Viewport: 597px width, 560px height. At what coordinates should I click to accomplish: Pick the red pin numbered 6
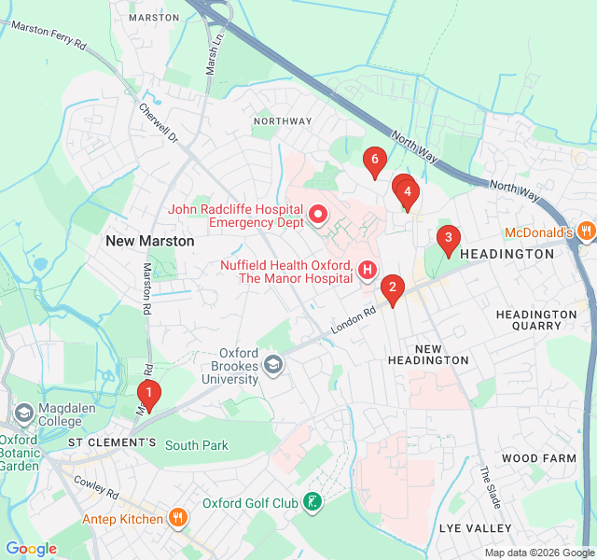[x=374, y=161]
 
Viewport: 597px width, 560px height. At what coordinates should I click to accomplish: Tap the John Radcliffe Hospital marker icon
[x=318, y=217]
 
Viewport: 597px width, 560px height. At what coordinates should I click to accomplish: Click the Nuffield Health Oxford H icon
[x=368, y=271]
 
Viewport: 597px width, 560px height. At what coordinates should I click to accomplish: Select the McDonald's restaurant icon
[x=585, y=231]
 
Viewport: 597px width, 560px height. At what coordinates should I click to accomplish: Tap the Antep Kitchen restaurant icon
[x=177, y=518]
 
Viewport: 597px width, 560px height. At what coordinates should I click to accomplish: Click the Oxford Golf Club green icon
[x=313, y=504]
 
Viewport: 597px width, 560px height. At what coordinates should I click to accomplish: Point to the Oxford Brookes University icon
[x=273, y=363]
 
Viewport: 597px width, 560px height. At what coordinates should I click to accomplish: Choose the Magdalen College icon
[x=23, y=412]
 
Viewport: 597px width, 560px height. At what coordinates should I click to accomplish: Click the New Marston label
[x=149, y=241]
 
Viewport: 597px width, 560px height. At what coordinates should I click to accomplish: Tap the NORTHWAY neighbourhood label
[x=283, y=121]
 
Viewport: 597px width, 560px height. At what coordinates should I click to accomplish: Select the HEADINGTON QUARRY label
[x=536, y=320]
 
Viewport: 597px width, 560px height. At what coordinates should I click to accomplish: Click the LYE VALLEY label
[x=475, y=528]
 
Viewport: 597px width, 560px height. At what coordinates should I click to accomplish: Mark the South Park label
[x=197, y=445]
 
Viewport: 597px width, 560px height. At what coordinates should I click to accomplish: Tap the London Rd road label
[x=353, y=320]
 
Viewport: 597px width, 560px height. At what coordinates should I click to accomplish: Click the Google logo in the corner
[x=31, y=549]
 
